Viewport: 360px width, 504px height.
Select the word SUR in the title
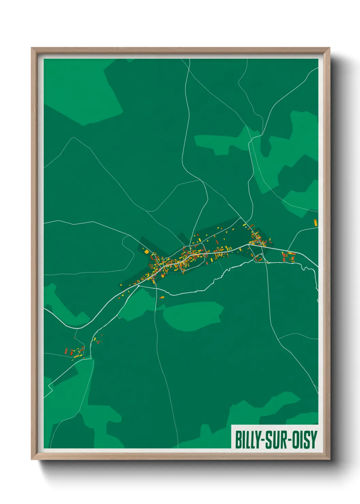pyautogui.click(x=276, y=440)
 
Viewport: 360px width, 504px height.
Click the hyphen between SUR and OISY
pyautogui.click(x=290, y=440)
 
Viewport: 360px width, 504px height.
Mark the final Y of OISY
pyautogui.click(x=313, y=440)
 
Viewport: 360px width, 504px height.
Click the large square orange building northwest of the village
pyautogui.click(x=147, y=252)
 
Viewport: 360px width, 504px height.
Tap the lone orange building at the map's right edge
pyautogui.click(x=316, y=223)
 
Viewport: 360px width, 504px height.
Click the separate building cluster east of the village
pyautogui.click(x=288, y=256)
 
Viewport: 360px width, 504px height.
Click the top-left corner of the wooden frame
pyautogui.click(x=32, y=48)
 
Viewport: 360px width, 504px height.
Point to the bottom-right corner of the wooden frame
pyautogui.click(x=329, y=459)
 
